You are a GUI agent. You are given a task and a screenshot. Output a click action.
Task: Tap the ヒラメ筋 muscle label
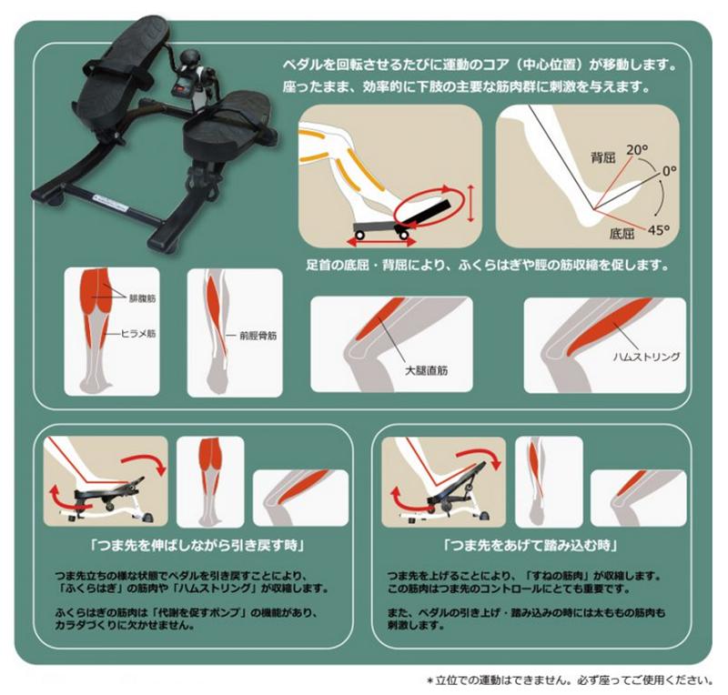[140, 334]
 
